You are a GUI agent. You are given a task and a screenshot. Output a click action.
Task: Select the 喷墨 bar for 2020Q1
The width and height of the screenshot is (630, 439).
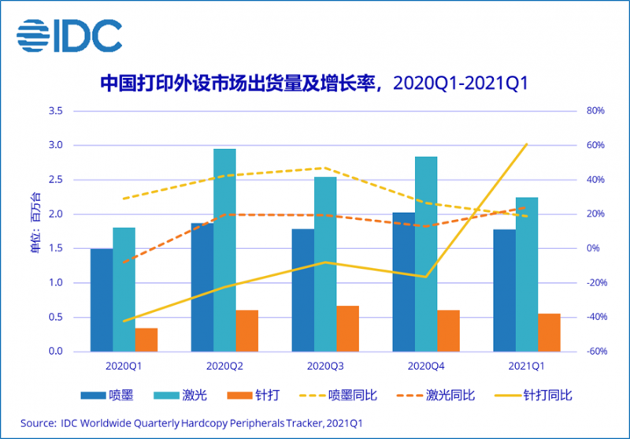pos(101,299)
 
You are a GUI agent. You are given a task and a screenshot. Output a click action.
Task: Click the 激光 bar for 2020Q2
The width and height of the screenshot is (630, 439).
pos(224,250)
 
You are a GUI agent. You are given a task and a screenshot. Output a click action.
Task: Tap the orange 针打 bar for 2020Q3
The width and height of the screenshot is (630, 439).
pos(347,328)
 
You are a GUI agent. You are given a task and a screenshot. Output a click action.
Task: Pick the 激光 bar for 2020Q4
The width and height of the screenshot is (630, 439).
pos(426,254)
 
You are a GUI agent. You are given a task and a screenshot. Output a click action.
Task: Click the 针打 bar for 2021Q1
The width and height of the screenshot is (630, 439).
pos(549,332)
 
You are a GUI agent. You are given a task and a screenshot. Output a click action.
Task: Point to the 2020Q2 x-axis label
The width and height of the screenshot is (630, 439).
pos(224,366)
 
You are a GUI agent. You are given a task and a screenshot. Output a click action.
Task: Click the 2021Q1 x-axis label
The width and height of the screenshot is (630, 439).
pos(526,366)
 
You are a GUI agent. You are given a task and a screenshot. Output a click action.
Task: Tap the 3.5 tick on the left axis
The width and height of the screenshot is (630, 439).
pos(55,111)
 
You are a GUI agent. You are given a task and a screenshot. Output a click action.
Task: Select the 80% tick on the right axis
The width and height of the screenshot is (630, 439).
pos(595,111)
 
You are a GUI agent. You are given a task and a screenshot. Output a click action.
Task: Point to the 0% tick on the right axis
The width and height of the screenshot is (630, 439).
pos(592,248)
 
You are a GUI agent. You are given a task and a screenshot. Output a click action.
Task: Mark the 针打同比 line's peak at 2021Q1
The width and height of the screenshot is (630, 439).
pos(526,144)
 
